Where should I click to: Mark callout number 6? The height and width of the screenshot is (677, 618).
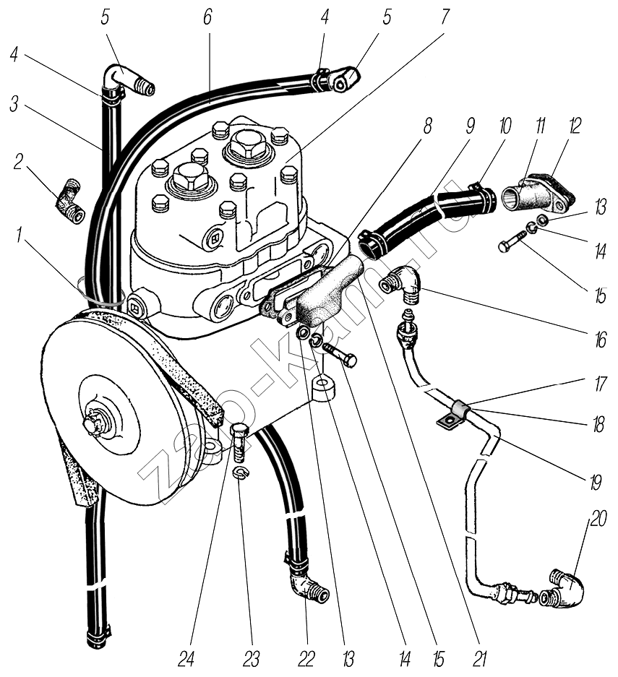point(208,17)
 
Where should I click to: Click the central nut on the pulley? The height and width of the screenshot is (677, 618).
point(94,423)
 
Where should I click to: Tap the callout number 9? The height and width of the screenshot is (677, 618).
point(470,126)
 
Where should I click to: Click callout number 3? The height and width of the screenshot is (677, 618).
point(14,103)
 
